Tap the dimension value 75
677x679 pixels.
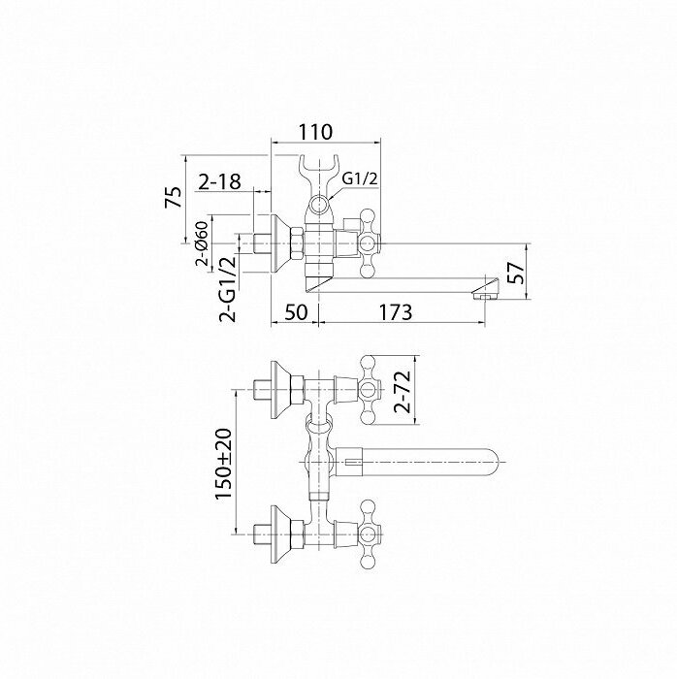174,198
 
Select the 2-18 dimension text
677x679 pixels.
219,181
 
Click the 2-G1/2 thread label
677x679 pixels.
227,288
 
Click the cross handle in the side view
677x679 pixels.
369,237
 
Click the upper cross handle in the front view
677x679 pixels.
370,389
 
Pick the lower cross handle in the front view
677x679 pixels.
369,532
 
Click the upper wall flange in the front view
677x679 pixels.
284,390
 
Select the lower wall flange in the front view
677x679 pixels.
284,532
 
